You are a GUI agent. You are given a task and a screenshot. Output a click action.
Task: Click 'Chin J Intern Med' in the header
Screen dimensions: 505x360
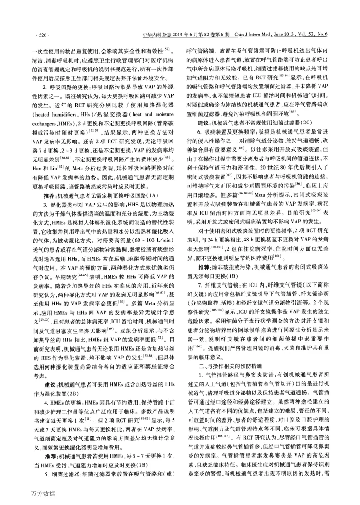pos(248,35)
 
